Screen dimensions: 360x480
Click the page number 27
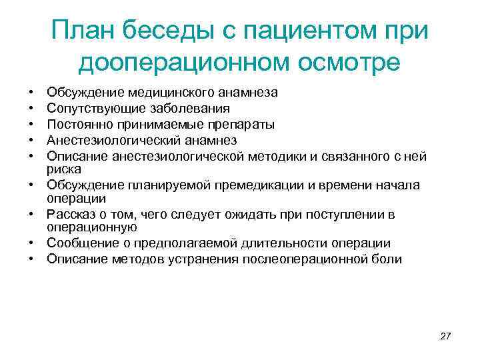446,337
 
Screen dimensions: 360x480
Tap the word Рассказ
70,215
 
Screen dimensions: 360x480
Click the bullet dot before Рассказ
31,215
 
